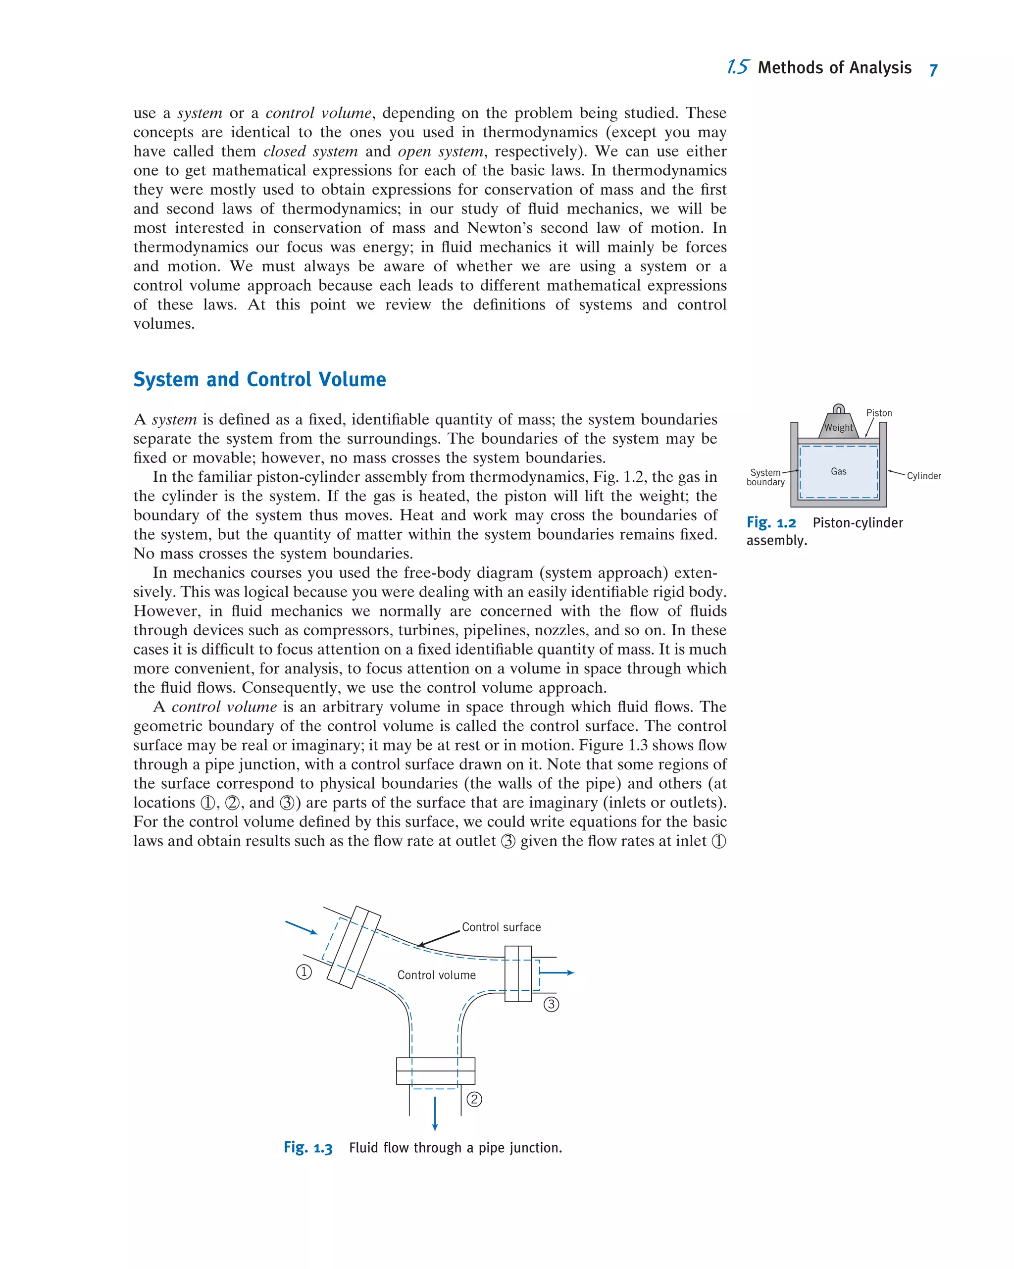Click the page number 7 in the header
click(x=933, y=70)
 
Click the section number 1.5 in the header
click(x=737, y=67)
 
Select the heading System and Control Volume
click(x=259, y=379)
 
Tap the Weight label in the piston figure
click(x=838, y=427)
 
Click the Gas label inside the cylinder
click(x=838, y=471)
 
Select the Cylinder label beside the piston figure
click(x=923, y=476)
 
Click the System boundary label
click(x=765, y=477)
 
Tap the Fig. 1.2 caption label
click(x=771, y=523)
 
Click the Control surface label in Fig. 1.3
click(x=501, y=927)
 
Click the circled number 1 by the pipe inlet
click(x=304, y=972)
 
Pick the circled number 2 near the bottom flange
click(x=474, y=1099)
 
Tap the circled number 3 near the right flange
click(x=551, y=1004)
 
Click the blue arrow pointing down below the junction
click(x=435, y=1114)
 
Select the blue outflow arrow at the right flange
click(x=556, y=972)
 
